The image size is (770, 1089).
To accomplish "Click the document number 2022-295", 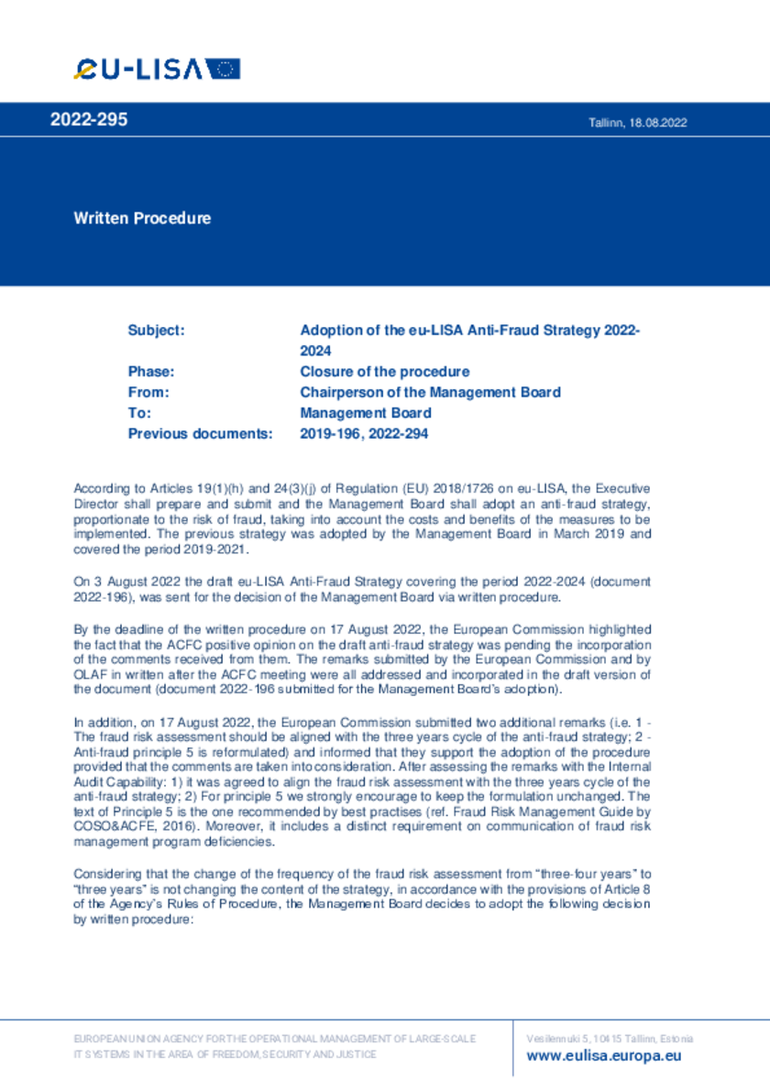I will point(89,120).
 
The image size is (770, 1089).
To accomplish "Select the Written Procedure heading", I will point(142,218).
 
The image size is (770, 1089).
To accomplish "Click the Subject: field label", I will point(156,330).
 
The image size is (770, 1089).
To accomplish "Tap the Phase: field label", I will point(151,372).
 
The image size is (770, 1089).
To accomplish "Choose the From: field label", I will point(148,392).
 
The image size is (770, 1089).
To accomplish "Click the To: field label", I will point(139,413).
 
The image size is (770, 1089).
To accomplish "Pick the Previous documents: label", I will point(200,434).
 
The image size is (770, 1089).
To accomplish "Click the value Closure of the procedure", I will point(385,372).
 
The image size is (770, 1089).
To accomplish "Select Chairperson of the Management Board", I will point(430,392).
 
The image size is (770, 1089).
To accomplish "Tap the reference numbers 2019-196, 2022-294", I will point(364,434).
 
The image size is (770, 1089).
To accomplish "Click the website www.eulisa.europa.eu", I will point(604,1055).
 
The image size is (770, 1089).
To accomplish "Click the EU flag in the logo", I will point(223,69).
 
